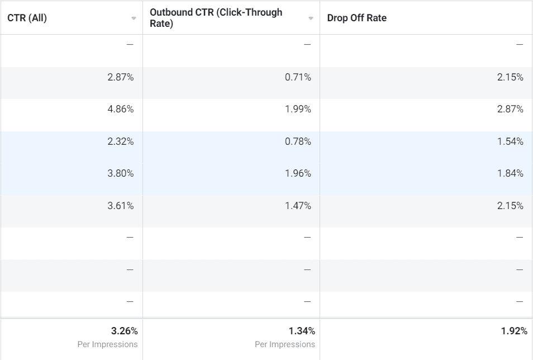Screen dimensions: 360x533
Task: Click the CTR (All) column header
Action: tap(27, 18)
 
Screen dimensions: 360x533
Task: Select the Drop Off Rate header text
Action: tap(357, 18)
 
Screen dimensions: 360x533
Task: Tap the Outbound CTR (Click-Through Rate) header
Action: tap(223, 18)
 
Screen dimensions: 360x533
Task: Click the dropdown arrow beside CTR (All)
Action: tap(134, 18)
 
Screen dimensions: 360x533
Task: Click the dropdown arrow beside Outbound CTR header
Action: tap(311, 18)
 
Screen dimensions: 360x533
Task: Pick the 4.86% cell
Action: tap(121, 109)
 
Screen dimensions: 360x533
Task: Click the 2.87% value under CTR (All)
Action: tap(121, 77)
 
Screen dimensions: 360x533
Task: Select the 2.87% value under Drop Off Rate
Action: tap(510, 109)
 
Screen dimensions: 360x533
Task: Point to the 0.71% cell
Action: tap(298, 77)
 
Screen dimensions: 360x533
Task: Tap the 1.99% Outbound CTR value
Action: tap(298, 109)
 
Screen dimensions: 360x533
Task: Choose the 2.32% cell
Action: tap(121, 141)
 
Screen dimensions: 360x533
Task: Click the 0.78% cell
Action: tap(298, 141)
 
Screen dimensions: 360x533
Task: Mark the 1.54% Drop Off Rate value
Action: tap(510, 141)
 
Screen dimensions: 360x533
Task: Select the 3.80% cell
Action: tap(121, 173)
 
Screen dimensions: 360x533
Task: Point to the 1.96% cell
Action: tap(298, 173)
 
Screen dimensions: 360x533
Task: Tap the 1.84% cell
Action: tap(510, 173)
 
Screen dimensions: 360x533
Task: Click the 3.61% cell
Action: tap(121, 206)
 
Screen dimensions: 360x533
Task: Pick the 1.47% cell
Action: tap(298, 206)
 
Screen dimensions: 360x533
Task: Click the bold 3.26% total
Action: tap(125, 331)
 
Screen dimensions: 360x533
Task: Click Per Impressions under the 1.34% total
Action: tap(285, 344)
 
